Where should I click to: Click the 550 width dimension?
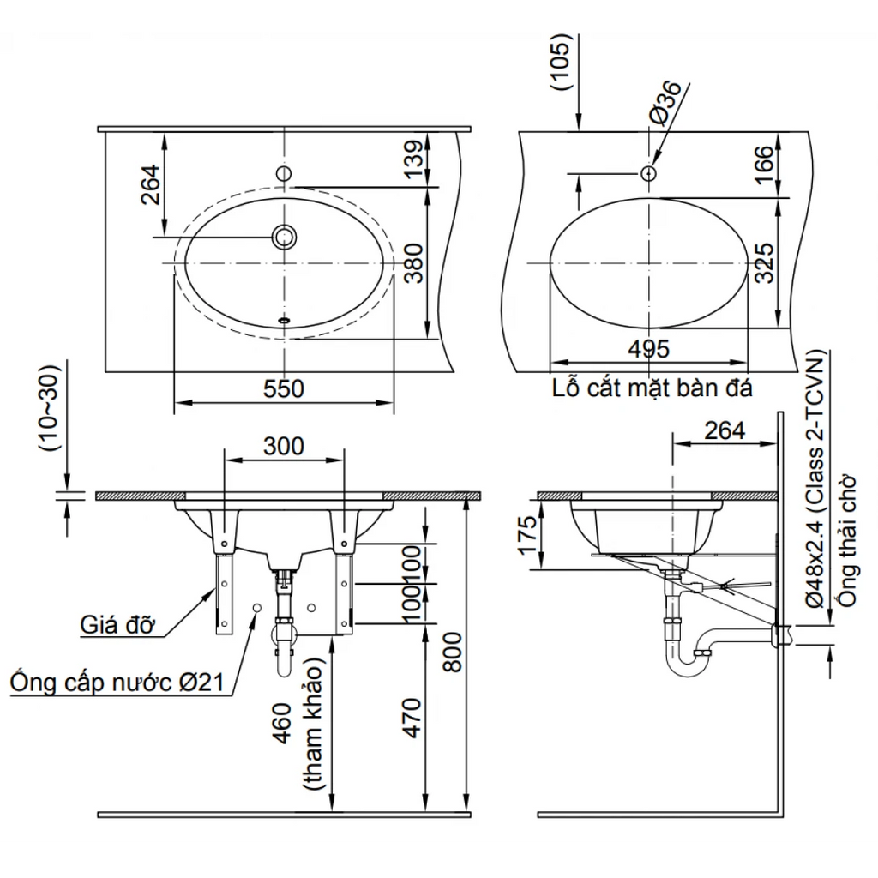(x=283, y=389)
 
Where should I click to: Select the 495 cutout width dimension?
(x=649, y=350)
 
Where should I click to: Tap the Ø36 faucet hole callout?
(x=665, y=103)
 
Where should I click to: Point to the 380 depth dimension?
(x=414, y=263)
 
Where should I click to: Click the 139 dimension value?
(x=414, y=159)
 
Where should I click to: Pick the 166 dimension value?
(x=764, y=165)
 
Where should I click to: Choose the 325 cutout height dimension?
(x=764, y=263)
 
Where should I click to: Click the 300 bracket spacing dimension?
(x=284, y=446)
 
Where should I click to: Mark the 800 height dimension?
(x=453, y=652)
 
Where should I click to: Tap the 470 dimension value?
(x=412, y=718)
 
